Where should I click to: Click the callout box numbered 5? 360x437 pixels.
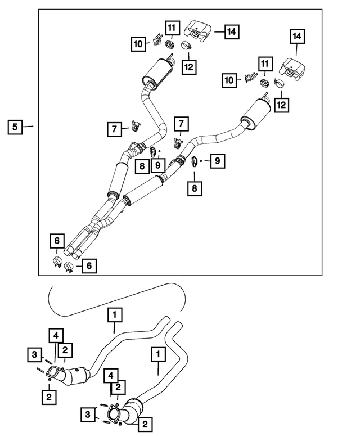click(15, 127)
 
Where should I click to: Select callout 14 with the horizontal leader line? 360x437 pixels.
click(232, 31)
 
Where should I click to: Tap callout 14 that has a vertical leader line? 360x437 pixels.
click(297, 36)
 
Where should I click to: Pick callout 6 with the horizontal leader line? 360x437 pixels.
click(89, 265)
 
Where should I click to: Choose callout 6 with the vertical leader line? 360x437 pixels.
click(57, 241)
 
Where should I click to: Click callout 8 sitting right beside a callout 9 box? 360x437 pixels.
click(142, 166)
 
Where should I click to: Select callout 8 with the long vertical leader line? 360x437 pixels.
click(195, 188)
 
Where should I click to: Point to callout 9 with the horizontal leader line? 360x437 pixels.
click(217, 161)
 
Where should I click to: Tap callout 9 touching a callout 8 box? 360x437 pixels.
click(157, 165)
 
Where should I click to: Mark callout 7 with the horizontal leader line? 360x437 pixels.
click(115, 129)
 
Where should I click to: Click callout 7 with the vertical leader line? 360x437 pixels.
click(181, 124)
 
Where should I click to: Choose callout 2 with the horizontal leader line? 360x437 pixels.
click(145, 424)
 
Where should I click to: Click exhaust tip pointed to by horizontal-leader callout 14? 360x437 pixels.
click(198, 31)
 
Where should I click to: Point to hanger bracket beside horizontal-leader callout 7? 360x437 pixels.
click(136, 125)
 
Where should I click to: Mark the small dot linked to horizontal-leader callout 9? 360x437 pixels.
click(201, 161)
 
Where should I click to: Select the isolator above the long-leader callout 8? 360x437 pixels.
click(195, 161)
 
